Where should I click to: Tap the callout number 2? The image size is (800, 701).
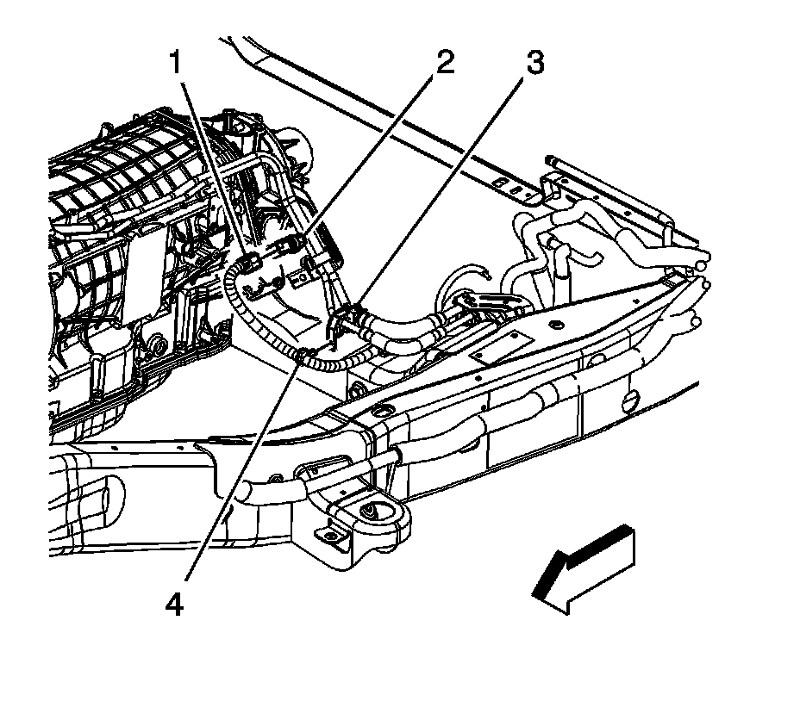pos(444,63)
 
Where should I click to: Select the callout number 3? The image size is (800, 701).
pos(534,64)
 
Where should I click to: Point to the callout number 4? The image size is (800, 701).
pos(175,605)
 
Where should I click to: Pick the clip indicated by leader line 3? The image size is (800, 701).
pos(351,312)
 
